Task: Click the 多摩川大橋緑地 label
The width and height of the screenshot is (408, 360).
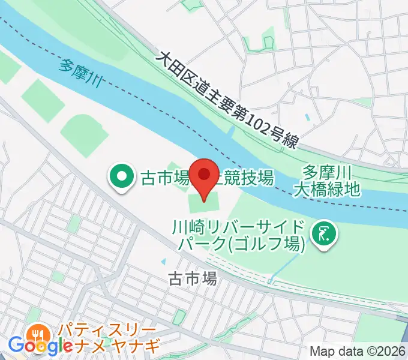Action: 327,181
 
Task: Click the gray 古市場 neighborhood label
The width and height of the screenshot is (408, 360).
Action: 192,278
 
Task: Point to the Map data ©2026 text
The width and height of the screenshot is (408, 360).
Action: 358,351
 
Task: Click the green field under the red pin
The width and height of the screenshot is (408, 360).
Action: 203,204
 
